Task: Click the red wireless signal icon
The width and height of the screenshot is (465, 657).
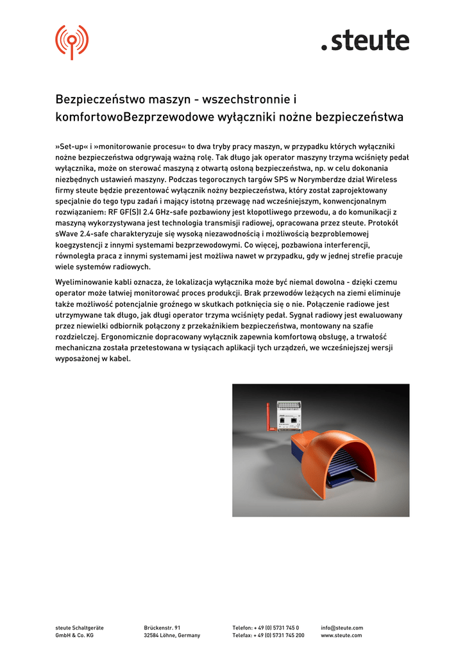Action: [72, 41]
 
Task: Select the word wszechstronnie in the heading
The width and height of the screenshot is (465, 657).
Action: [246, 100]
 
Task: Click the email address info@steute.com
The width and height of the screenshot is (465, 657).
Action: [342, 627]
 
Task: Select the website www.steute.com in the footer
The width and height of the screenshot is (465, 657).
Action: [341, 635]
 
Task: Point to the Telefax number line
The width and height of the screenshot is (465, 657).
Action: [268, 635]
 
